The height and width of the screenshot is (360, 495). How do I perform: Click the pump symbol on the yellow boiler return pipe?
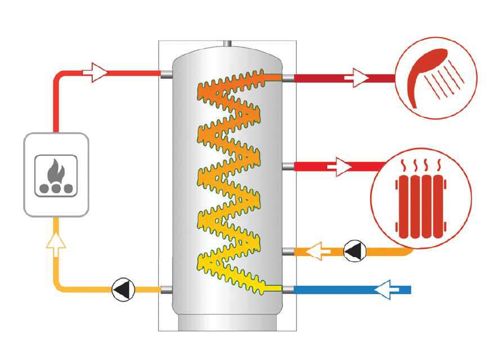coord(123,290)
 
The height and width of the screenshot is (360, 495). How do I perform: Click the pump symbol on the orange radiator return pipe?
coord(354,250)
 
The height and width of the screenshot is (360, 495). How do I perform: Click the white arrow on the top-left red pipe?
coord(95,71)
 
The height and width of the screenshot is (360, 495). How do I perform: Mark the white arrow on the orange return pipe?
coord(317,251)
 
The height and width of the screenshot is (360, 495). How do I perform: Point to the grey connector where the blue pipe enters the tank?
coord(287,290)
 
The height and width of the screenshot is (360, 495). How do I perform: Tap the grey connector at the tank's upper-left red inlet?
coord(166,74)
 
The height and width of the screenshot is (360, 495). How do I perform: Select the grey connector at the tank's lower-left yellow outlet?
coord(166,290)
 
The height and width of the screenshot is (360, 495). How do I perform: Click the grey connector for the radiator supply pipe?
coord(287,166)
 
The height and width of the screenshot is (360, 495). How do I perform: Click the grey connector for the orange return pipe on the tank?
coord(287,251)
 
